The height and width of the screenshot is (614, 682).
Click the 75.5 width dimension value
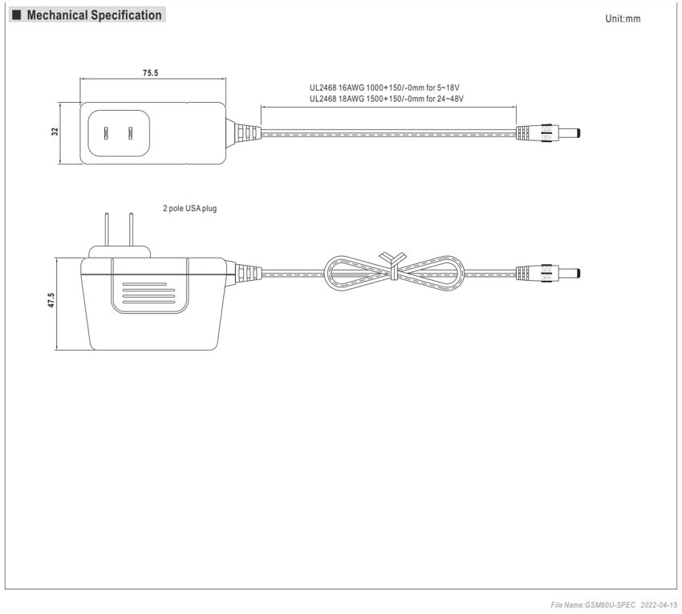151,73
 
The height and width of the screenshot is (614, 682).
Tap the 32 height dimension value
55,132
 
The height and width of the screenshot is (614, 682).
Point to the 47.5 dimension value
51,300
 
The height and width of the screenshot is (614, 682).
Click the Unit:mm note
623,18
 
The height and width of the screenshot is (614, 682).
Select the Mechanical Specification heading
94,15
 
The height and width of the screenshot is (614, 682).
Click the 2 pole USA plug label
189,209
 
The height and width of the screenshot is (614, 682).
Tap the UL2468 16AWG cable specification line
384,88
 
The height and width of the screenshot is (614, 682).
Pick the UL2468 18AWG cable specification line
386,99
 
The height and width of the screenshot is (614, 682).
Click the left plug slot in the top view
106,133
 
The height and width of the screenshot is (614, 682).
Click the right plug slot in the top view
130,133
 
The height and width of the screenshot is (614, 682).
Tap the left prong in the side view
106,230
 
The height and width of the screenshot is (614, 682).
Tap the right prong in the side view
131,230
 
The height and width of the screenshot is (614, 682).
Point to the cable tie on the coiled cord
393,265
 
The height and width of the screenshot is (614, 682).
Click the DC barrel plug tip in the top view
569,132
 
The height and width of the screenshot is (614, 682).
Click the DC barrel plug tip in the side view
569,273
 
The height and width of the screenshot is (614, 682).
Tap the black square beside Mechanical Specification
17,15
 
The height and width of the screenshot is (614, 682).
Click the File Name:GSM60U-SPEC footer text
593,605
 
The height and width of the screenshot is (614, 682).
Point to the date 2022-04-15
659,605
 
